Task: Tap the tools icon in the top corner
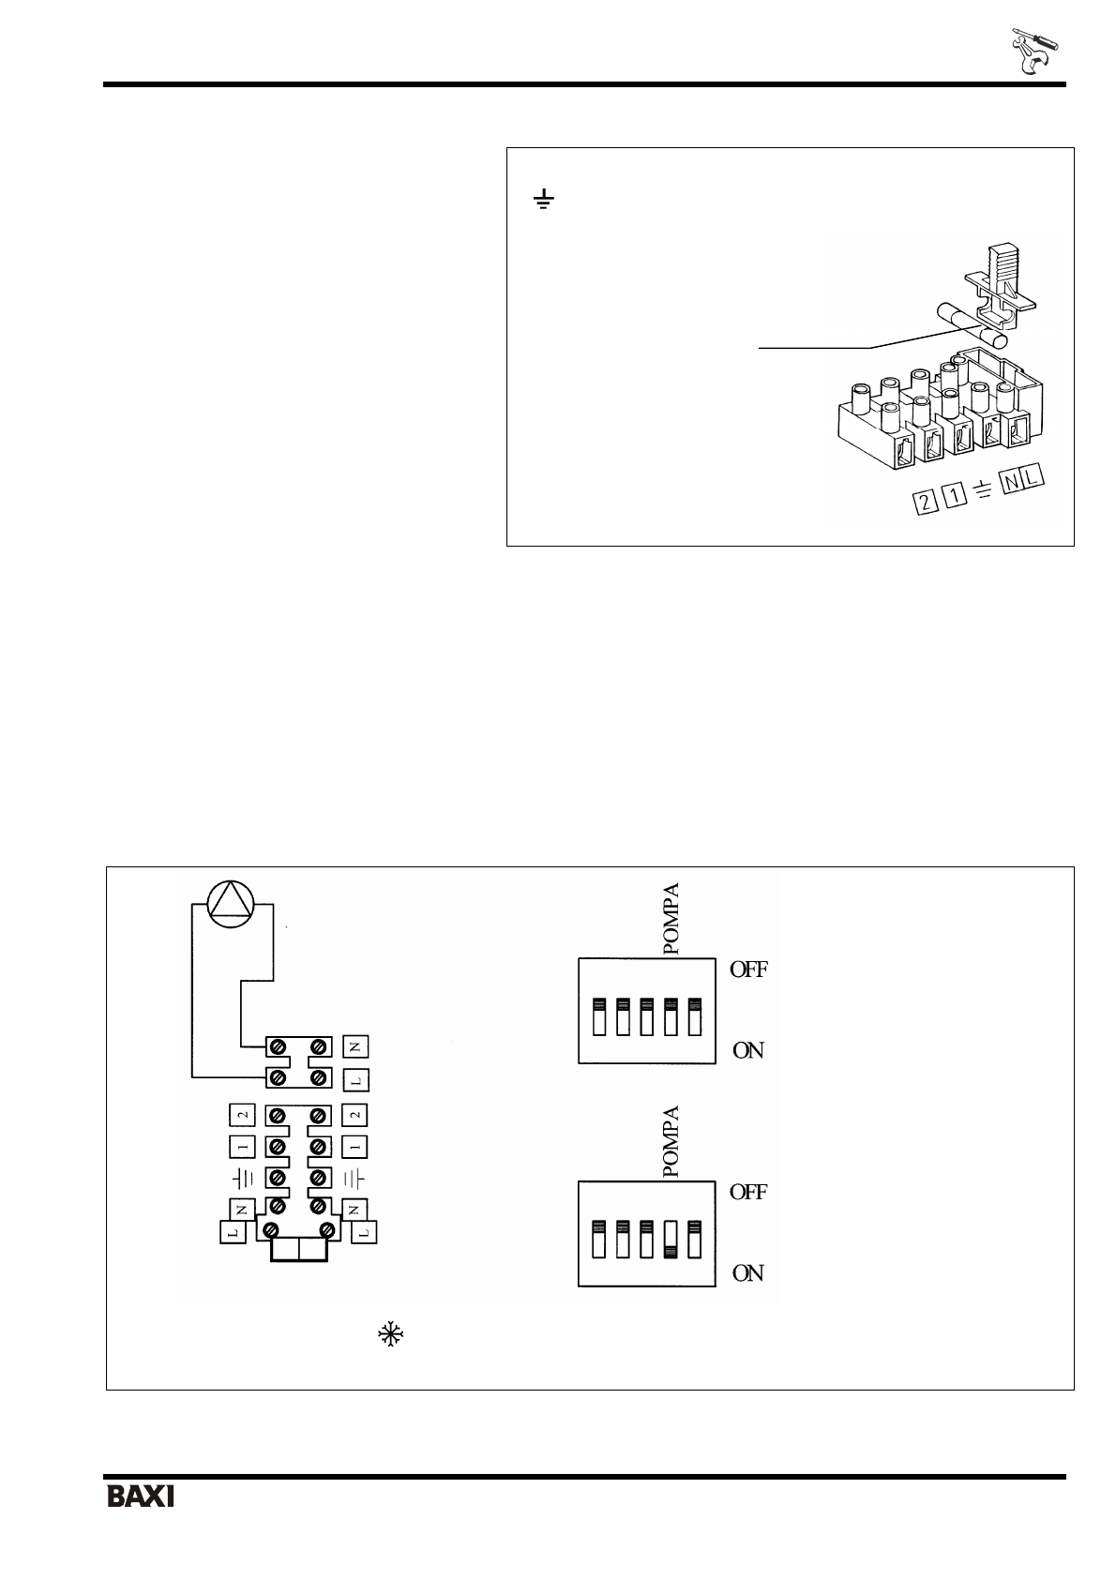click(x=1033, y=52)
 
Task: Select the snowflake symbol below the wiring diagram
click(x=387, y=1335)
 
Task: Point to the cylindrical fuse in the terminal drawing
click(x=973, y=326)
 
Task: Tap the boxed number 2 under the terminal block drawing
click(x=926, y=502)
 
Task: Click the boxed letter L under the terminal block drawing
click(x=1033, y=481)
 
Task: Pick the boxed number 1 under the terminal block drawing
click(x=954, y=497)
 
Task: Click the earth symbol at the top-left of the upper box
click(x=543, y=200)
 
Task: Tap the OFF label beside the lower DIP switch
click(x=748, y=1192)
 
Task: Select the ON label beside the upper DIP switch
click(x=748, y=1050)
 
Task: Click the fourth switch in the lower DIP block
click(x=671, y=1239)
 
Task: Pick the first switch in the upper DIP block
click(x=599, y=1017)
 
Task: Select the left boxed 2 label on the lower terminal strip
click(x=242, y=1115)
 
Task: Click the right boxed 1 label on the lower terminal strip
click(x=356, y=1146)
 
